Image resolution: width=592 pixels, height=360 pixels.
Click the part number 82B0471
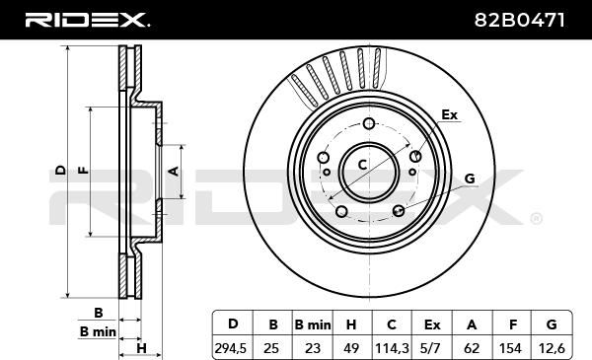[520, 20]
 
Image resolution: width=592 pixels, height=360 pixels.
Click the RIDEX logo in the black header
[87, 20]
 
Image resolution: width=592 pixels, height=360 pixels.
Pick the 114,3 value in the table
[392, 348]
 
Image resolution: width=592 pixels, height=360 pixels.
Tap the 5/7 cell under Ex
[431, 348]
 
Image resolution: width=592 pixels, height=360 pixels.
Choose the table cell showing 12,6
[552, 348]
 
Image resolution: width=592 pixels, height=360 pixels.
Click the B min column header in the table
[313, 324]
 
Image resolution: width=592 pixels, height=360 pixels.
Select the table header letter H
[351, 324]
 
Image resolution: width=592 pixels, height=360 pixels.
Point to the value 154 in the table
[511, 348]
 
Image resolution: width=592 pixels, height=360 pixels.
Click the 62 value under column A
[472, 348]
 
